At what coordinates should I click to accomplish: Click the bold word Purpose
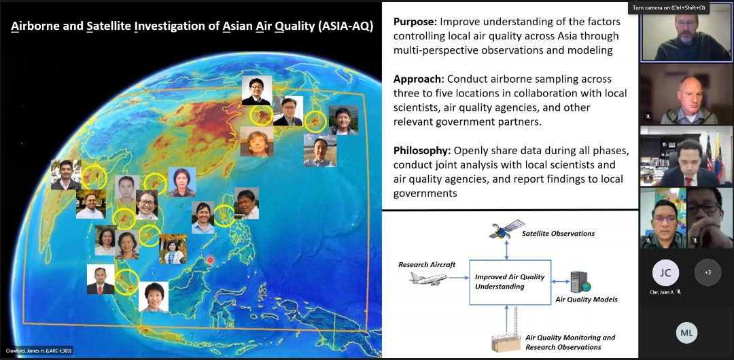click(415, 22)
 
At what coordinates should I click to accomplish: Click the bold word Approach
click(418, 79)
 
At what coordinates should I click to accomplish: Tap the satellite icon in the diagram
click(507, 230)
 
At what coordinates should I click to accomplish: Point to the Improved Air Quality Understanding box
click(509, 282)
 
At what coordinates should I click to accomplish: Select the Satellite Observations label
click(558, 234)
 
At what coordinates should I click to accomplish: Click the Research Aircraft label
click(427, 264)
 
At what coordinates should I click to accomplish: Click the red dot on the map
click(211, 260)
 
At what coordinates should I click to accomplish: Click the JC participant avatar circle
click(665, 272)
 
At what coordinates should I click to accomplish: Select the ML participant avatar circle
click(686, 332)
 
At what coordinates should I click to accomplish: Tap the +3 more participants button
click(707, 272)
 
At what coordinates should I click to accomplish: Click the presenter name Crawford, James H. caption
click(38, 350)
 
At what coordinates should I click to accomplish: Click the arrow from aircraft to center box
click(459, 277)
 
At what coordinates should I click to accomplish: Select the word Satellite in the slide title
click(108, 27)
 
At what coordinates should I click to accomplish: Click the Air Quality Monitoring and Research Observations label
click(570, 342)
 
